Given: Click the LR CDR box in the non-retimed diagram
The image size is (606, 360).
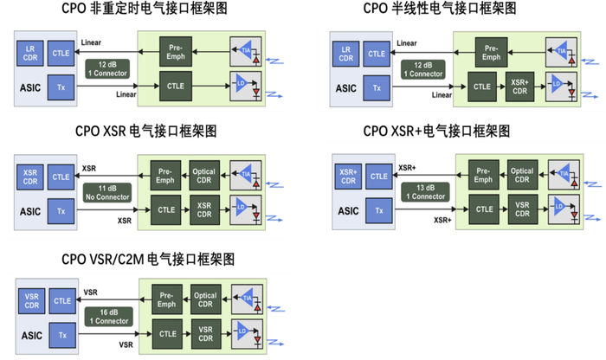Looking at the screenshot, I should click(30, 53).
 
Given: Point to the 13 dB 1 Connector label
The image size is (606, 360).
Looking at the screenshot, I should click(424, 192).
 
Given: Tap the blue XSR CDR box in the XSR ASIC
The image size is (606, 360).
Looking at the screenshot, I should click(29, 177).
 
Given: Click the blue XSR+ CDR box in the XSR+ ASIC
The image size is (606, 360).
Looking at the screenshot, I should click(348, 176).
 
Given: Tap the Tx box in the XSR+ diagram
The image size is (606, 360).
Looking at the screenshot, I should click(377, 209).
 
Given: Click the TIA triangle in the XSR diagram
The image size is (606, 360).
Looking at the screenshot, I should click(243, 176).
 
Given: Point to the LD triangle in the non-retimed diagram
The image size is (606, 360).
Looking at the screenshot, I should click(243, 85).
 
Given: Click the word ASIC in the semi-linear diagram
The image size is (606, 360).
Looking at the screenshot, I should click(345, 87).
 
